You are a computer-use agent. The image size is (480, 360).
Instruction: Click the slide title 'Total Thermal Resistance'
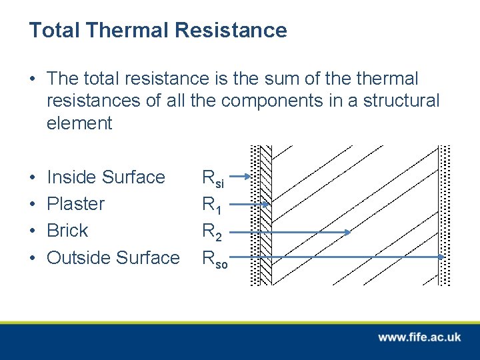pos(158,30)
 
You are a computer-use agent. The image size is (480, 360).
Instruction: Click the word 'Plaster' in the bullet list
pos(75,204)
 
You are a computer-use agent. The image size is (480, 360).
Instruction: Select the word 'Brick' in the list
pos(67,231)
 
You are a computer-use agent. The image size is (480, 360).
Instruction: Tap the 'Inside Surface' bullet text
pos(105,177)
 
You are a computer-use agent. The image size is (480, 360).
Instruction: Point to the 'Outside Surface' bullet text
pos(113,257)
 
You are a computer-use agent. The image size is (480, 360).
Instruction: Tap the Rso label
pos(215,258)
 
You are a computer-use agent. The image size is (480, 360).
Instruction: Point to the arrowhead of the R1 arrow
pos(266,205)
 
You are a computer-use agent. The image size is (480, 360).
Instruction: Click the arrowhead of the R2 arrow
pos(347,232)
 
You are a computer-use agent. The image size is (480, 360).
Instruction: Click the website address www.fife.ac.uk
pos(419,337)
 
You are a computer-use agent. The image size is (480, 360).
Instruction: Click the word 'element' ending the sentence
pos(79,123)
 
